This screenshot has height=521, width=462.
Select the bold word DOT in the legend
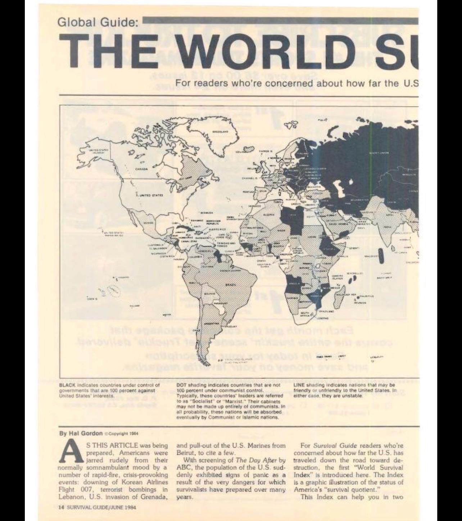(181, 385)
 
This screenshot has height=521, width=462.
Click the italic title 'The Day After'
(257, 460)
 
